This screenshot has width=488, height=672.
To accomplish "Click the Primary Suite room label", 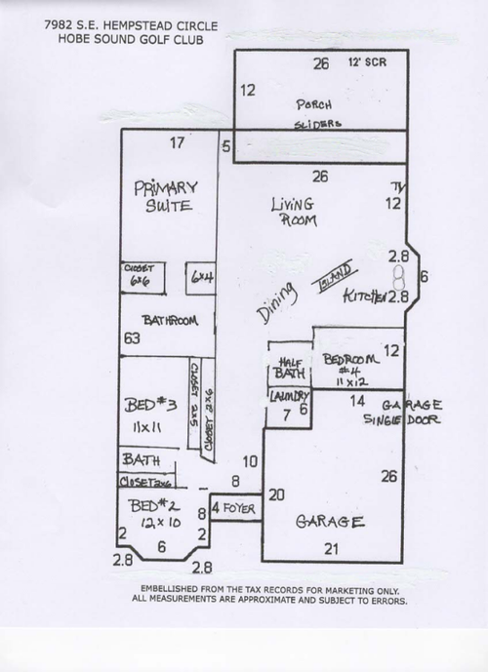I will (165, 194).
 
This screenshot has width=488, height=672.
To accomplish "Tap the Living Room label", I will (293, 212).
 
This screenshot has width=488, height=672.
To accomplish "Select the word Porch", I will (314, 103).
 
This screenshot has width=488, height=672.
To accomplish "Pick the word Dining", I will (276, 305).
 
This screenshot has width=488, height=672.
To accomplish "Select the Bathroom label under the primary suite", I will (171, 320).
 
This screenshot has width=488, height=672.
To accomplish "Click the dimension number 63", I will (131, 338).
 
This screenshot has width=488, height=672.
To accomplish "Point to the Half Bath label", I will (290, 366).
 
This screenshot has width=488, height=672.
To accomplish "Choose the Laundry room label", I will (290, 396).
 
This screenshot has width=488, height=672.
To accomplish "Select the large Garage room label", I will (330, 522).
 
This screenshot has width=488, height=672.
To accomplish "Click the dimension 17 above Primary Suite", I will (177, 144).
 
